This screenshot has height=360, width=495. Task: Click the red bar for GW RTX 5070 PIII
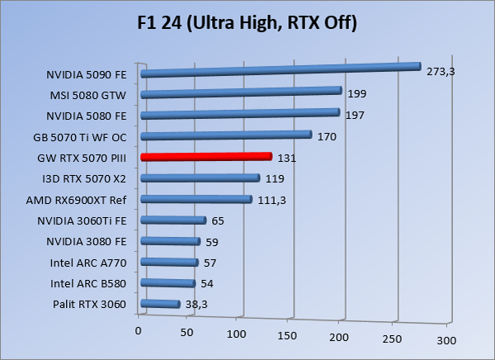(x=206, y=157)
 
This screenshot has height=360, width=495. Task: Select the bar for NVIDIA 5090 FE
(x=280, y=70)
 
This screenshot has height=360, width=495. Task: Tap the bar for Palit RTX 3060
(x=161, y=305)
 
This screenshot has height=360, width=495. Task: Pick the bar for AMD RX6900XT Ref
(x=196, y=199)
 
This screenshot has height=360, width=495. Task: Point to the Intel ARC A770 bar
(x=170, y=263)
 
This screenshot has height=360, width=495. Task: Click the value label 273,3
(x=440, y=72)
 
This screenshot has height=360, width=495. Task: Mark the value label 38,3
(x=196, y=306)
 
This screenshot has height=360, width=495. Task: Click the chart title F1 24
(x=247, y=23)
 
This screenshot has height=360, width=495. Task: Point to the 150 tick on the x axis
(x=286, y=338)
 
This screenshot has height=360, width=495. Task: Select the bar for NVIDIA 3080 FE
(x=171, y=242)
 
